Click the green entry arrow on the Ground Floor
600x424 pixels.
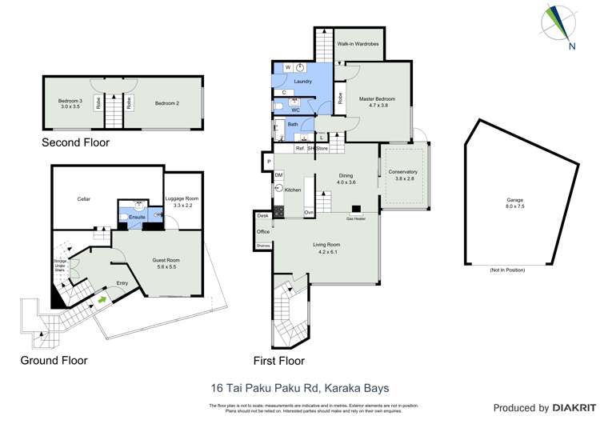point(102,300)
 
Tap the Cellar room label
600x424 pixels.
point(84,198)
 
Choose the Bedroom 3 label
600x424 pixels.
point(70,103)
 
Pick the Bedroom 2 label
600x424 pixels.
point(166,103)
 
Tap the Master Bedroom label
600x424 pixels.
point(377,99)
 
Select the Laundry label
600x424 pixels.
point(302,82)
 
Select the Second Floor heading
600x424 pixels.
point(75,142)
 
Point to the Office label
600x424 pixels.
point(263,231)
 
